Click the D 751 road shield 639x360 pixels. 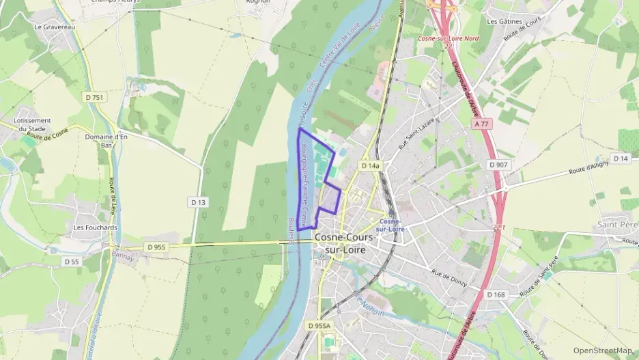95,98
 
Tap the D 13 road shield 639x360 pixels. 199,202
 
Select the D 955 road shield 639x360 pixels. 156,247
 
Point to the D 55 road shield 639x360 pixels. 72,262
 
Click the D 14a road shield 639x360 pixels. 369,165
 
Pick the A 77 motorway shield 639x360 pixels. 481,125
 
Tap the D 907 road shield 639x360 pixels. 498,165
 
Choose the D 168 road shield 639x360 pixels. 496,294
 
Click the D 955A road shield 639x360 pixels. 319,326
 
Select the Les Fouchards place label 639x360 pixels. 96,227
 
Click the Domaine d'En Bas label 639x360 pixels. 106,141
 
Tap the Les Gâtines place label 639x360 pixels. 505,21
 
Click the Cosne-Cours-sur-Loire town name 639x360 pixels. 345,243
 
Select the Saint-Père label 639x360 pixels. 617,224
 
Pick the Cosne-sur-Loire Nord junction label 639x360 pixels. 448,38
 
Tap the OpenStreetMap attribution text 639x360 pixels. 603,350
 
